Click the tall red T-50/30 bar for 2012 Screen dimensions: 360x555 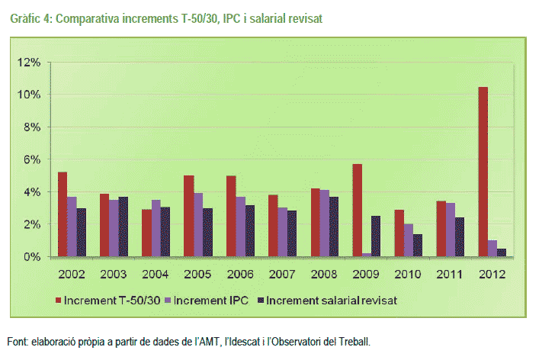tap(483, 172)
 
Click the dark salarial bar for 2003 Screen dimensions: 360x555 tap(124, 227)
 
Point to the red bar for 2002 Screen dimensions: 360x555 tap(62, 214)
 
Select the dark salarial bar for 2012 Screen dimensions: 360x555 tap(501, 252)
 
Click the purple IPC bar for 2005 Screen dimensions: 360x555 tap(198, 224)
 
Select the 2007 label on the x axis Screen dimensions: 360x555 tap(281, 273)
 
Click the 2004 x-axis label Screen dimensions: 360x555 tap(156, 273)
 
